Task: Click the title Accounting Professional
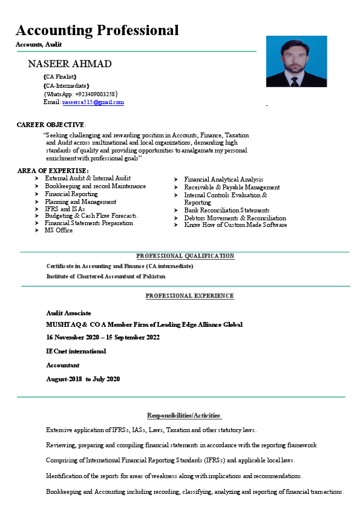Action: [x=97, y=30]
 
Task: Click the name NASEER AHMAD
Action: [x=70, y=64]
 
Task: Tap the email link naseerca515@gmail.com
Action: [x=93, y=102]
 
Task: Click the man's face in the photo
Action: [x=295, y=57]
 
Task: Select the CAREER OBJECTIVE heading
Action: [x=51, y=125]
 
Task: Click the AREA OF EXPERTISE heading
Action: [x=53, y=171]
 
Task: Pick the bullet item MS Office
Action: [x=59, y=230]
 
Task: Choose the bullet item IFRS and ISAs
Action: [x=65, y=209]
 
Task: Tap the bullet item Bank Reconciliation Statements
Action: [x=227, y=210]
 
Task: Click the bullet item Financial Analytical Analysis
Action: [x=223, y=179]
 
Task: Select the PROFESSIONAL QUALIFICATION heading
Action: [x=185, y=256]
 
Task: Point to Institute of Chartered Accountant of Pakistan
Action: [x=106, y=276]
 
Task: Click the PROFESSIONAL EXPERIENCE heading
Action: [x=189, y=295]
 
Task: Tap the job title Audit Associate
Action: [x=69, y=313]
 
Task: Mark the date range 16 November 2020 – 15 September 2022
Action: [x=103, y=337]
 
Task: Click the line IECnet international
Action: [x=76, y=351]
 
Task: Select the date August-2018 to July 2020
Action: [x=83, y=379]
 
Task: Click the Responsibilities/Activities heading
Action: [x=185, y=415]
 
